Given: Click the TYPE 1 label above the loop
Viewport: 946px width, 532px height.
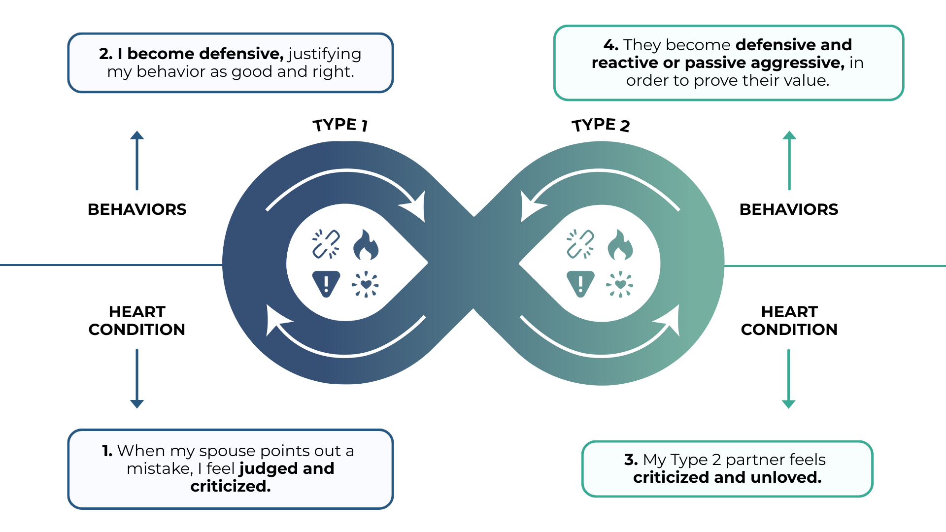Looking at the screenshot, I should (340, 125).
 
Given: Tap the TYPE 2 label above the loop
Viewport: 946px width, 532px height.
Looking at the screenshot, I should (601, 125).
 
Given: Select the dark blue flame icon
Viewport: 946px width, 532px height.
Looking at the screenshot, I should (366, 245).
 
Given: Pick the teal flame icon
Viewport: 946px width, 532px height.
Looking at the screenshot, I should (620, 245).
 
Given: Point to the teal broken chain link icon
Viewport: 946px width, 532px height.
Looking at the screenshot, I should (580, 244).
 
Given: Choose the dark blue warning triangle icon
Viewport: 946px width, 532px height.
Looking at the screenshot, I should (326, 284).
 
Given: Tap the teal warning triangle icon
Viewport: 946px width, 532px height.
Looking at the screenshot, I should (580, 284).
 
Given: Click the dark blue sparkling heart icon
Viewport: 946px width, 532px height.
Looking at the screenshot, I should (366, 284).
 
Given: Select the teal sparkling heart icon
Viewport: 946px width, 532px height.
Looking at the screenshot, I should (620, 284).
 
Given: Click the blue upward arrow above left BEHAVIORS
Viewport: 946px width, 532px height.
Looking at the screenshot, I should (137, 161).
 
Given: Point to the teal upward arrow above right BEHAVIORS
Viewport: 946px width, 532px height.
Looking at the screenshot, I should (789, 161).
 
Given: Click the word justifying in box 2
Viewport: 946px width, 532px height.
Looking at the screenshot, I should (325, 54).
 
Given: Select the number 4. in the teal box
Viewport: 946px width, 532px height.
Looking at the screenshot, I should (611, 45).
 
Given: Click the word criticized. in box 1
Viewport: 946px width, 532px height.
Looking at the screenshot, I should (231, 486).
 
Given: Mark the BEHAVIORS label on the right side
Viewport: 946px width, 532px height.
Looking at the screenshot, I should (789, 209).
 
